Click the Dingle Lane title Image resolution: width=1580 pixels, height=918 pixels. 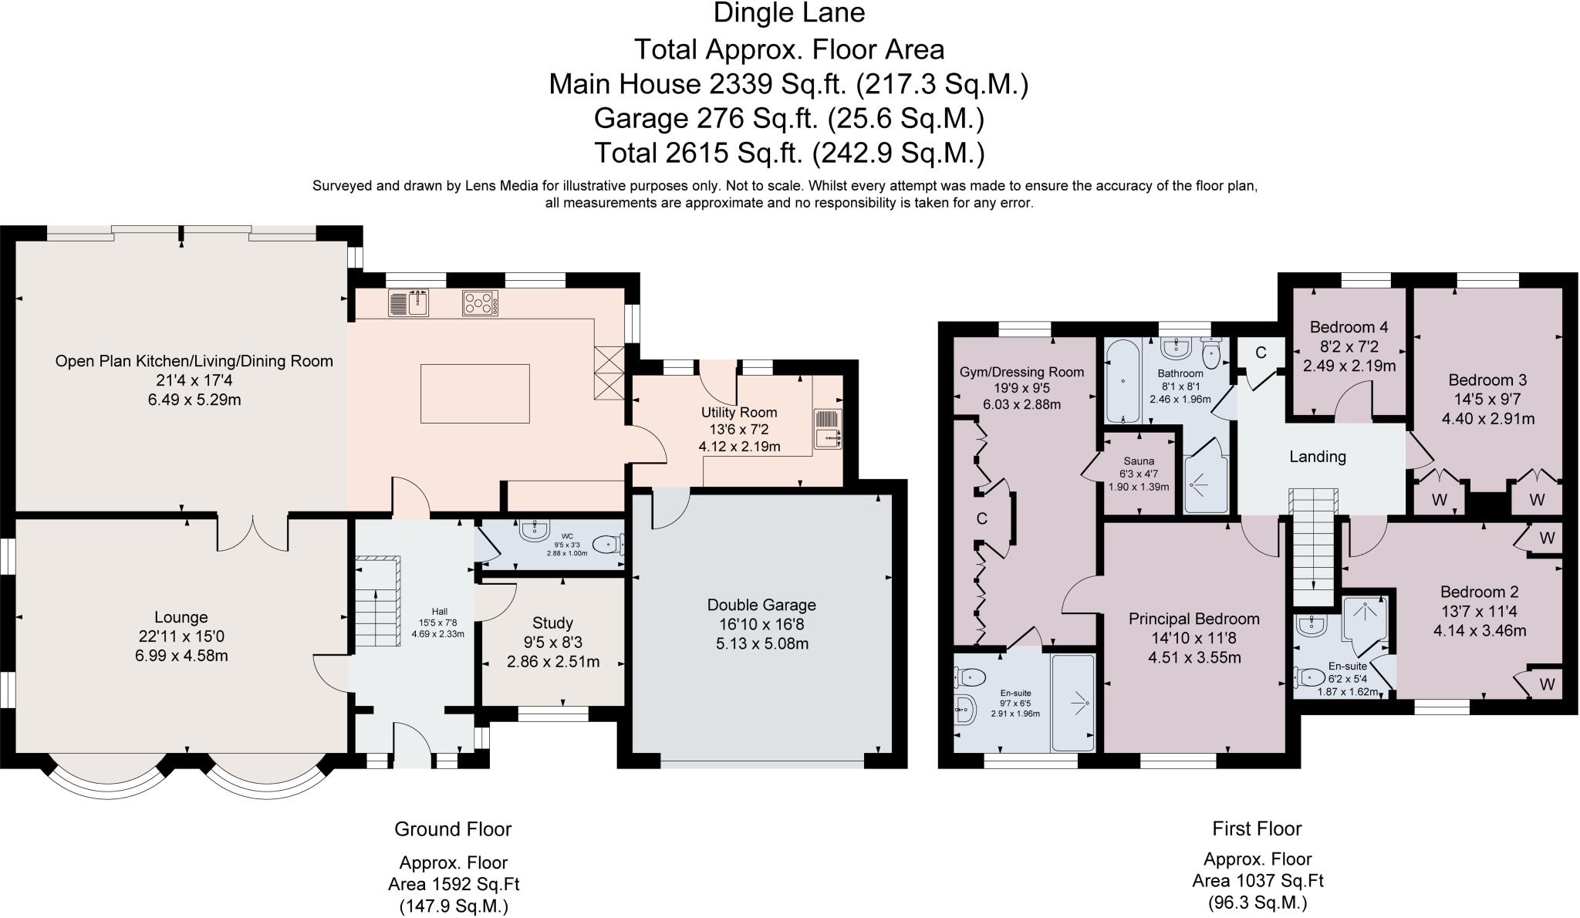(789, 13)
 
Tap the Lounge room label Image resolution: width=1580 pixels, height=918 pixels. (181, 617)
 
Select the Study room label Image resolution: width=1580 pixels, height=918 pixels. (552, 623)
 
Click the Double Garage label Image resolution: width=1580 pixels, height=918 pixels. (761, 605)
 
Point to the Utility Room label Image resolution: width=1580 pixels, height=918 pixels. (738, 413)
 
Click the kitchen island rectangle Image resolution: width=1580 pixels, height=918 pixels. (475, 393)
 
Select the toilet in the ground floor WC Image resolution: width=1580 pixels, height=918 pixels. (609, 545)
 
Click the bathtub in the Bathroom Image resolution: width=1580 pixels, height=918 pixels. (1122, 383)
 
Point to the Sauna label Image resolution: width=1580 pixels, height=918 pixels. (1139, 461)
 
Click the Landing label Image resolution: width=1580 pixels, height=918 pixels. (1318, 457)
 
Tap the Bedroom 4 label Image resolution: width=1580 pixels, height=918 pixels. (1349, 327)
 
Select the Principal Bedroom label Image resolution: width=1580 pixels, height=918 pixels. (1193, 619)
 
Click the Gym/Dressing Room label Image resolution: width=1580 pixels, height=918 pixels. (1021, 372)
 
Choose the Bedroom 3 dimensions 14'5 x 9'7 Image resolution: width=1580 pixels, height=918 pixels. (1487, 400)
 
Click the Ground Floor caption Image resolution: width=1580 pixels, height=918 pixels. (453, 829)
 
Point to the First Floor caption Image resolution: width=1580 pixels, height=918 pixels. (1257, 829)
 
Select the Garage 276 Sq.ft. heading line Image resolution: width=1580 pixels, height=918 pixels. (788, 119)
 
